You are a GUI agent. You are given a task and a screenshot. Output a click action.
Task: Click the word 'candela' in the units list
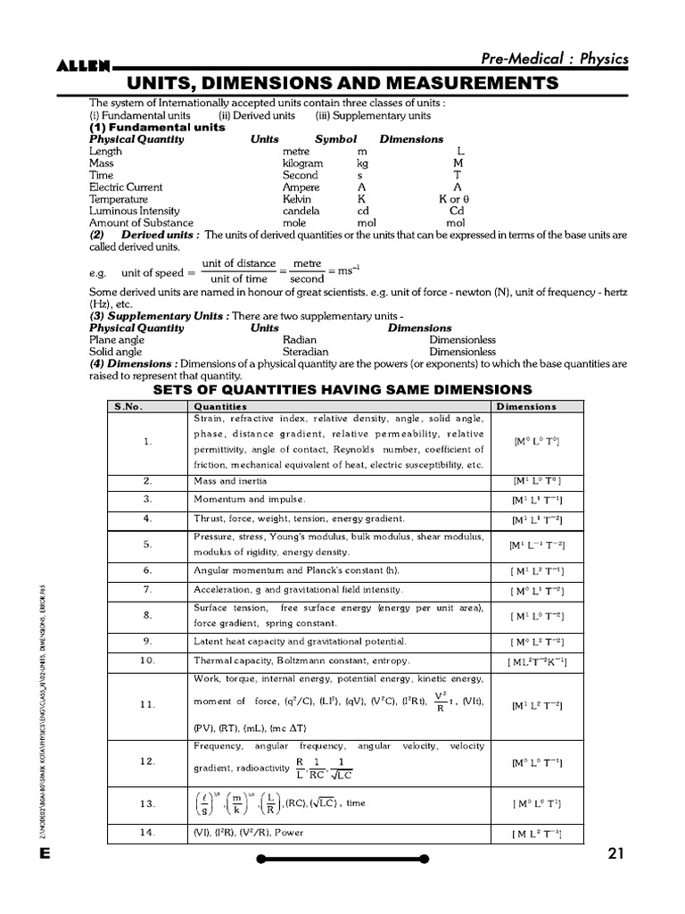click(x=301, y=211)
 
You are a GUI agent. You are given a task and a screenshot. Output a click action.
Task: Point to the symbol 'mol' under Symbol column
click(x=367, y=223)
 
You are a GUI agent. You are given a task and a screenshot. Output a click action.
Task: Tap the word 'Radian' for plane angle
click(x=299, y=340)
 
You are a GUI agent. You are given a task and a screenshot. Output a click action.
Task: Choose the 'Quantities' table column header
click(x=220, y=406)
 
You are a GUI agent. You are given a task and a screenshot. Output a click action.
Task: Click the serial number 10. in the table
click(x=147, y=661)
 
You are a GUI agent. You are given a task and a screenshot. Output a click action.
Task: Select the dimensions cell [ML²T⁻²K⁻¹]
click(x=538, y=661)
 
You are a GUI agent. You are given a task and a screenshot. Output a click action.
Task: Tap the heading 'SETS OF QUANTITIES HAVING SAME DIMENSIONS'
click(x=342, y=389)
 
